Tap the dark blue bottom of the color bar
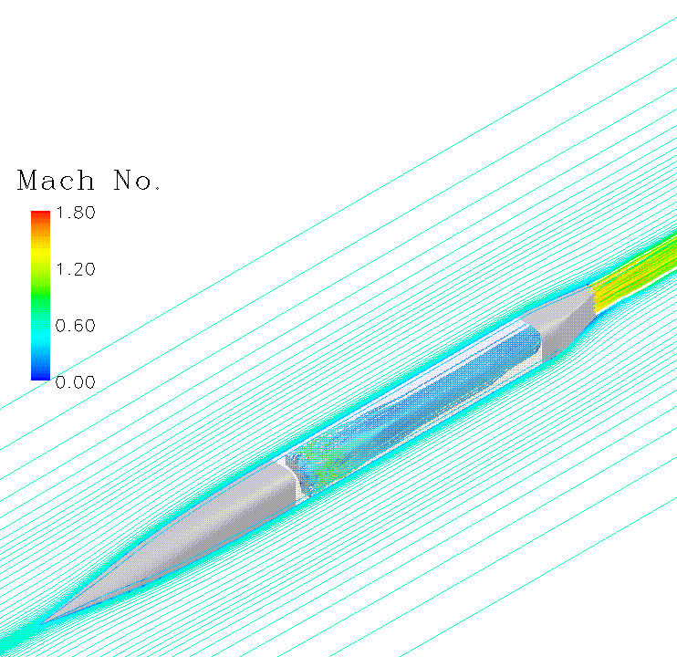(40, 374)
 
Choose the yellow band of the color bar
(40, 265)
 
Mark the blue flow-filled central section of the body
(411, 411)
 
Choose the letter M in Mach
(28, 181)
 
